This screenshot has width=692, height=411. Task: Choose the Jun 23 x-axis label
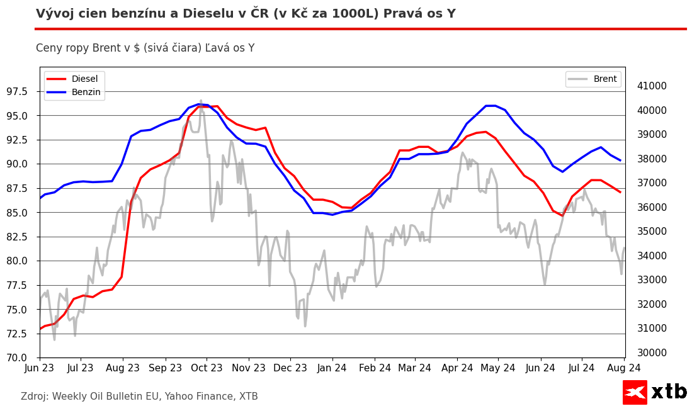coord(40,368)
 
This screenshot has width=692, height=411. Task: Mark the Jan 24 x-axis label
coord(332,368)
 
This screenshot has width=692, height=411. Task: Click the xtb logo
coord(654,392)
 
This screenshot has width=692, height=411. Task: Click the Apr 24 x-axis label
coord(457,368)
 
